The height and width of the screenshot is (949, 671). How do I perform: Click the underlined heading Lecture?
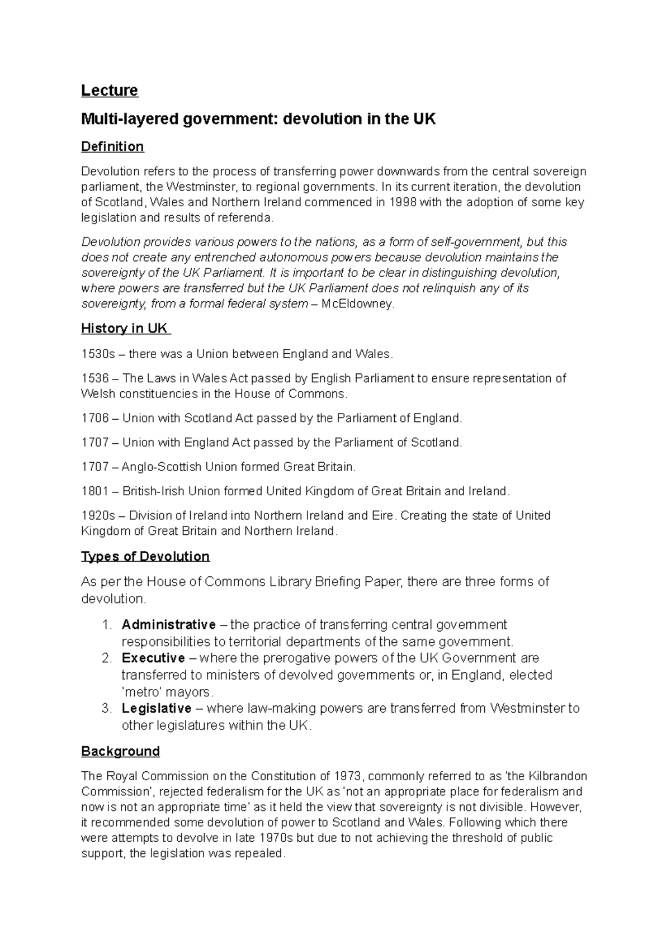coord(110,91)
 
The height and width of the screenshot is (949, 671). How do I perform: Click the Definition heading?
coord(112,146)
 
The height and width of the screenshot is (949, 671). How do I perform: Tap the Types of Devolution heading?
coord(145,556)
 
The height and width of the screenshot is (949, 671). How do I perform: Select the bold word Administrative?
coord(168,624)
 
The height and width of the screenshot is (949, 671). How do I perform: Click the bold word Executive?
coord(153,658)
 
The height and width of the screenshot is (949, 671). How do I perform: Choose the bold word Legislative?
coord(157,708)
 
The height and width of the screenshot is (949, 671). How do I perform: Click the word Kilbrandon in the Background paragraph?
coord(557,776)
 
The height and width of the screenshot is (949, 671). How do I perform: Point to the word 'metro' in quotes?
coord(138,692)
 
